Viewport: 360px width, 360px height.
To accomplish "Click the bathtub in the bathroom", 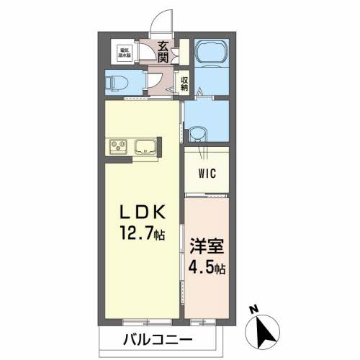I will tap(212, 53).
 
